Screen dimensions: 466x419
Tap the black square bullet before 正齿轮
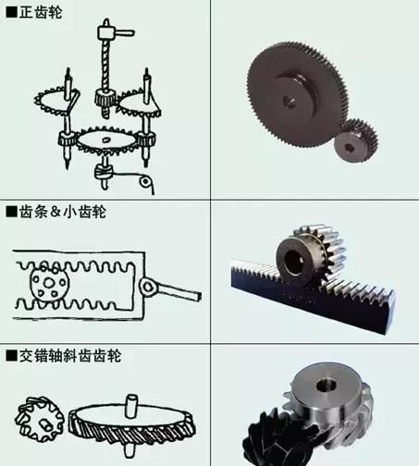coord(10,12)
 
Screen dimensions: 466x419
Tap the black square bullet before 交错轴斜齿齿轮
coord(10,356)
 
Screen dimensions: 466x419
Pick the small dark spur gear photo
coord(354,141)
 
